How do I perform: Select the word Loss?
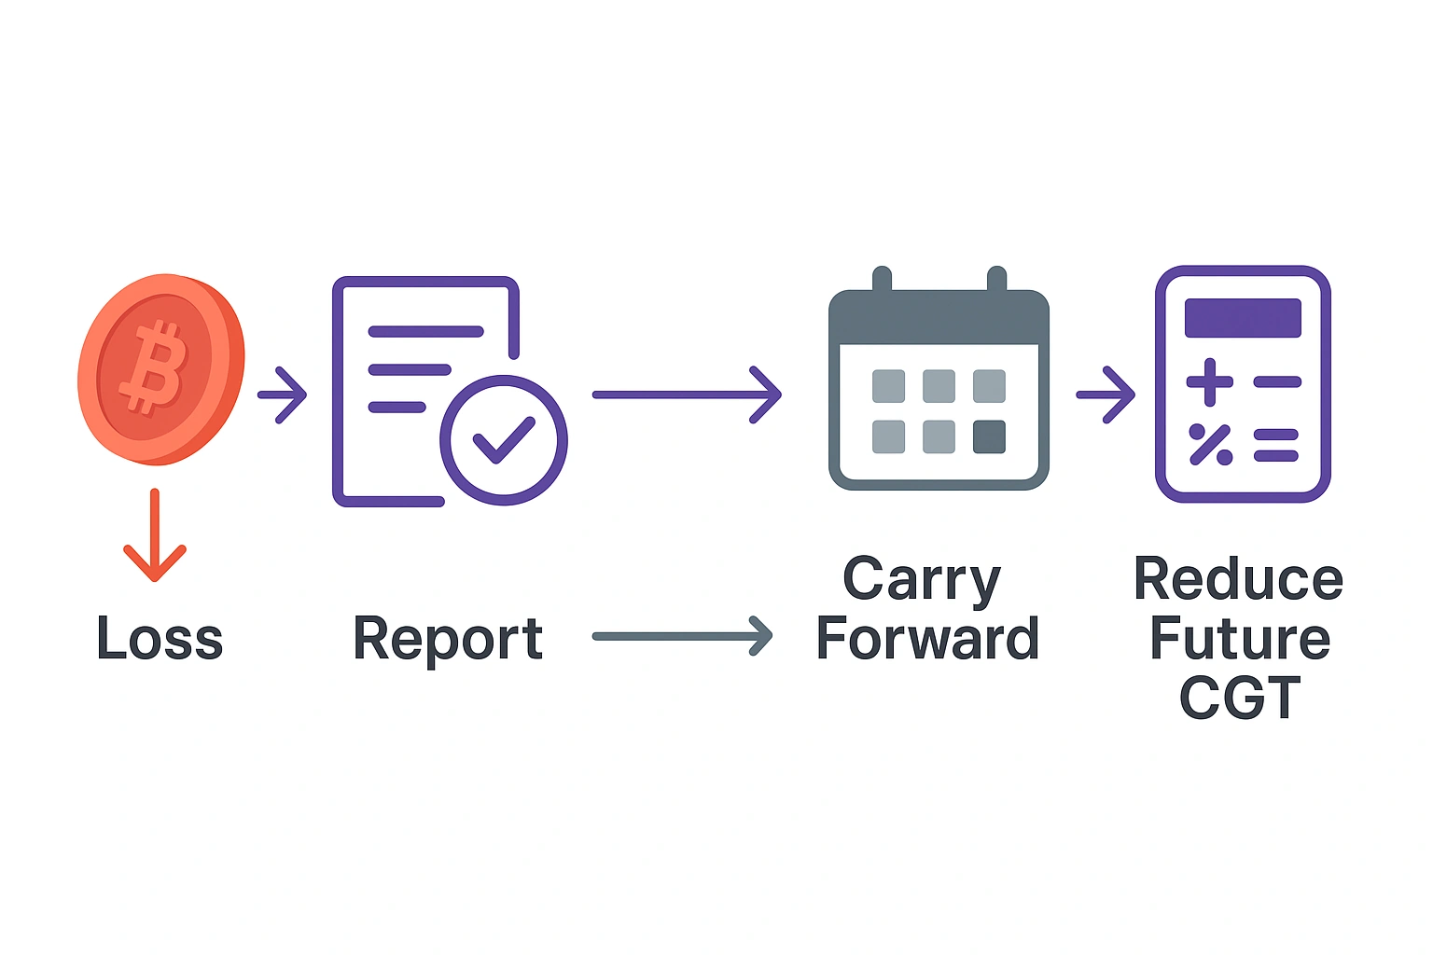pos(160,639)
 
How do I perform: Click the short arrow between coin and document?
pos(282,395)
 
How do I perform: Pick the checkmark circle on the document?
pos(504,440)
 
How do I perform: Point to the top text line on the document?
pos(425,331)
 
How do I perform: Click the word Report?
pos(448,639)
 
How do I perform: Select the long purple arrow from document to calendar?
pos(686,395)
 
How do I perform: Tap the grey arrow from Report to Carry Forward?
pos(682,637)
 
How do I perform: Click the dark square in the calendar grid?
pos(989,436)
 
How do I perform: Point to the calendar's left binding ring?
pos(882,280)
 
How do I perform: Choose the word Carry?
pos(922,580)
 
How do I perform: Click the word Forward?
pos(927,639)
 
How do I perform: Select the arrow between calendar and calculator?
pos(1106,395)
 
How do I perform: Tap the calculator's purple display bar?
pos(1243,318)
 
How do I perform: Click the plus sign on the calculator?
pos(1210,381)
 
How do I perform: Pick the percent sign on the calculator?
pos(1210,445)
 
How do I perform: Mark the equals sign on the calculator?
pos(1276,445)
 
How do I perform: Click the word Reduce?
pos(1239,580)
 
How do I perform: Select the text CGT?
pos(1240,698)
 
